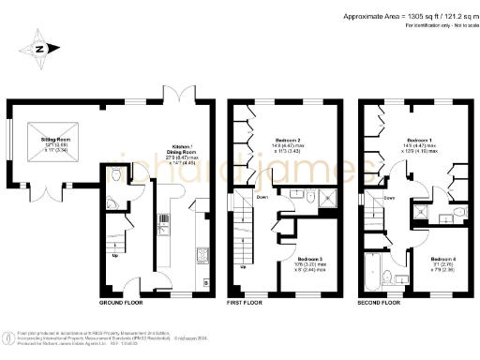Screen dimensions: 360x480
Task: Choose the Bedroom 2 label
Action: click(x=284, y=142)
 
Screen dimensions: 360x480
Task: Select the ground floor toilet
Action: click(x=113, y=175)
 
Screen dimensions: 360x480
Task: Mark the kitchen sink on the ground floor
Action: click(x=164, y=221)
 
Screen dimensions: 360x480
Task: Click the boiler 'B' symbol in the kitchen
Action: click(x=205, y=281)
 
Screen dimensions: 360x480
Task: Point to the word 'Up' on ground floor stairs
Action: click(x=115, y=255)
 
